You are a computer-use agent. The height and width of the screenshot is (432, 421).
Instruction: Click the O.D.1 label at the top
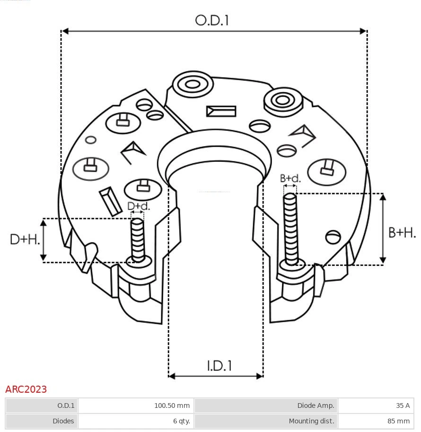[212, 20]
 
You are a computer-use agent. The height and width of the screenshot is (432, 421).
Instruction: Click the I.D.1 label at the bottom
[219, 366]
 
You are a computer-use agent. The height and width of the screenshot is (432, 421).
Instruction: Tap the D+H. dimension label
[25, 239]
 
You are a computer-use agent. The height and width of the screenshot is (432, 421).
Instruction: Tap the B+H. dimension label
[402, 232]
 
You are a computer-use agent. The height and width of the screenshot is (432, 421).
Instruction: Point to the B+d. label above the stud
[290, 178]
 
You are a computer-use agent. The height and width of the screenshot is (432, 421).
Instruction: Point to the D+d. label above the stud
[138, 206]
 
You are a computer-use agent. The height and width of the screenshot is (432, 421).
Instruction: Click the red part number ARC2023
[26, 389]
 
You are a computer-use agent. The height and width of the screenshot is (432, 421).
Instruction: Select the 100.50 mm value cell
[136, 406]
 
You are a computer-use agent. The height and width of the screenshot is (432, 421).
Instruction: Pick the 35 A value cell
[376, 406]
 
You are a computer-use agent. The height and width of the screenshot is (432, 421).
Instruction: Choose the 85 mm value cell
[376, 421]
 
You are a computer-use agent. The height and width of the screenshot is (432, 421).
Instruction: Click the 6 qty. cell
[136, 421]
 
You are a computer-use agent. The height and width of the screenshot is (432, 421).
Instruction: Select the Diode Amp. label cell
[266, 406]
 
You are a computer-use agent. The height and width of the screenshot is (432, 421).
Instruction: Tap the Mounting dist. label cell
[266, 421]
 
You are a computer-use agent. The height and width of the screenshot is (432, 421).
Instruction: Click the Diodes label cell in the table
[42, 421]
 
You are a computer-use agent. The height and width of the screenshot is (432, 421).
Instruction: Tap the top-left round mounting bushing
[192, 85]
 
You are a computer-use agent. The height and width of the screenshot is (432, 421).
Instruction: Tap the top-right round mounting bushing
[282, 100]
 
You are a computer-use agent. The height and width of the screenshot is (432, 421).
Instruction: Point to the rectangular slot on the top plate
[221, 112]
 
